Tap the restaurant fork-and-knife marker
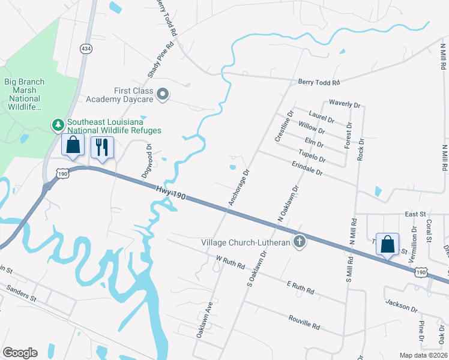pos(102,146)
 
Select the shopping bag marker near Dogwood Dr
pos(73,145)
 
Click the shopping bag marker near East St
pos(388,244)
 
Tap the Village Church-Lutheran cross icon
pos(299,242)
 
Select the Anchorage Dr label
pos(238,188)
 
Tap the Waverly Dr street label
pos(345,104)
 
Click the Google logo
pos(20,352)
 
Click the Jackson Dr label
pos(401,305)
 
